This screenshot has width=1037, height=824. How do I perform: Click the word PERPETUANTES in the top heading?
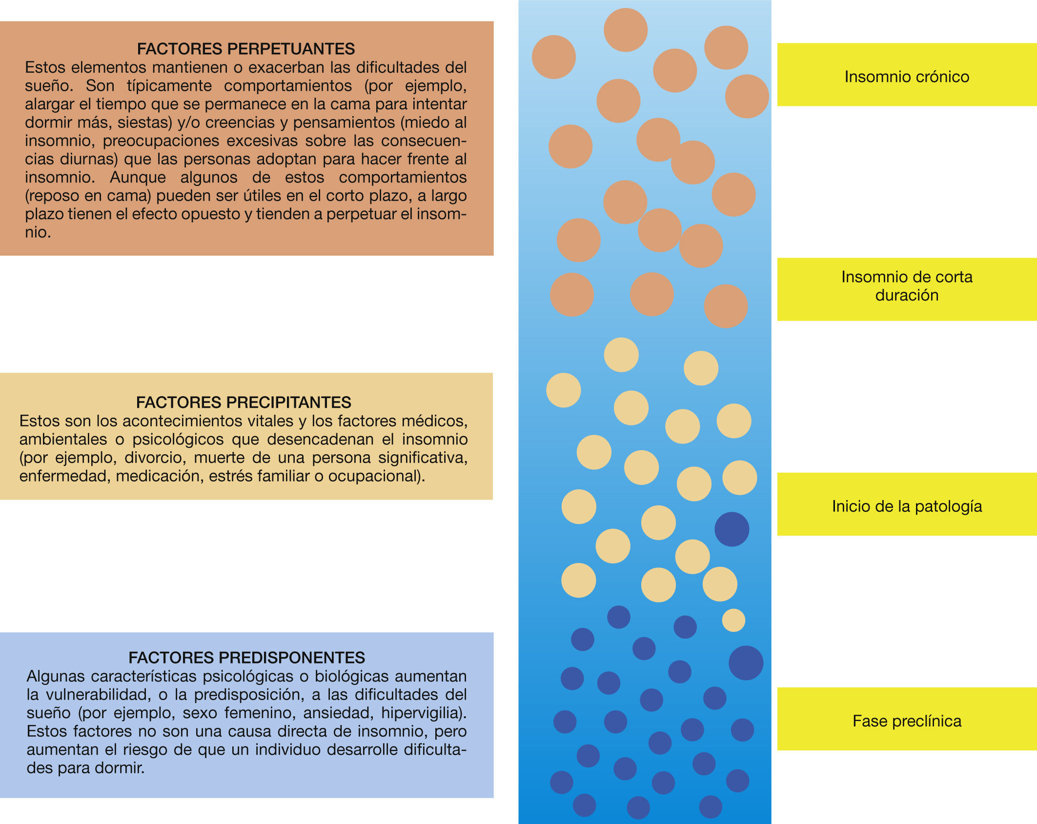point(291,49)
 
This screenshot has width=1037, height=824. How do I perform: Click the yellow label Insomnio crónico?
point(907,77)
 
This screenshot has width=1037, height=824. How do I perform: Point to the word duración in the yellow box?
point(907,295)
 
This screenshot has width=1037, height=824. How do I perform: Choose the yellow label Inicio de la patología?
point(907,506)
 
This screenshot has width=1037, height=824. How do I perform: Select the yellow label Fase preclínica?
point(907,721)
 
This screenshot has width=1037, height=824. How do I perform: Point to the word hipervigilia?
point(423,713)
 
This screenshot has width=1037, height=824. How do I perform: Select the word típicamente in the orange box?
point(169,86)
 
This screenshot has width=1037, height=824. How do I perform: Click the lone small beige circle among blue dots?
point(733,621)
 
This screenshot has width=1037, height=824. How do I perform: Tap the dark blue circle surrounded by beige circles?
point(732,529)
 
